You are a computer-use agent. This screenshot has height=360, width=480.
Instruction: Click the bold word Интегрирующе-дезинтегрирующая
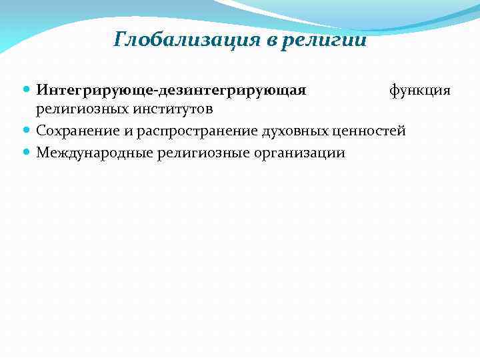(x=171, y=89)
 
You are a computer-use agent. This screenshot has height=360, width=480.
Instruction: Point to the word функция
(x=420, y=89)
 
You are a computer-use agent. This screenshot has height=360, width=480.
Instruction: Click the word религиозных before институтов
(x=79, y=109)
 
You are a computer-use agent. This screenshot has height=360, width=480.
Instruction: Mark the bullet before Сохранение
(x=26, y=131)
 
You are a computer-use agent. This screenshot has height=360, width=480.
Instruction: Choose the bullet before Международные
(x=26, y=153)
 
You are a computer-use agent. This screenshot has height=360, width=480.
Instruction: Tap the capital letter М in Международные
(x=41, y=153)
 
